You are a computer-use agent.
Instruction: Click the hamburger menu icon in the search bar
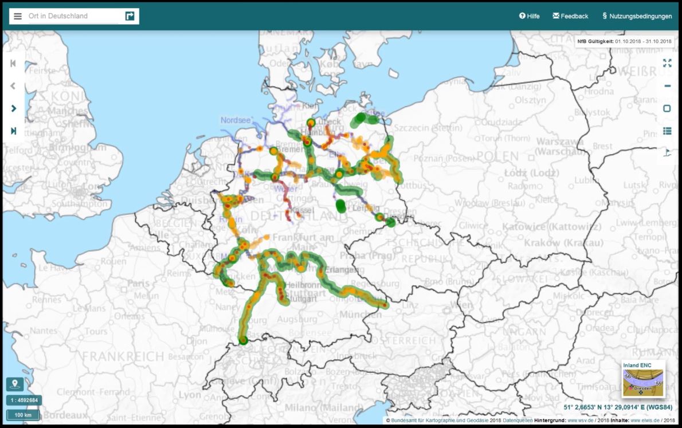coord(18,16)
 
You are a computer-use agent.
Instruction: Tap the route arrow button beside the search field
coord(130,16)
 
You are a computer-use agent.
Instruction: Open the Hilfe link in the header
coord(530,16)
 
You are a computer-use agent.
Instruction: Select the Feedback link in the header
coord(570,16)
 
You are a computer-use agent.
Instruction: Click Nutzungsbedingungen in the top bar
coord(637,16)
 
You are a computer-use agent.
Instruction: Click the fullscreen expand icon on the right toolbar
coord(667,63)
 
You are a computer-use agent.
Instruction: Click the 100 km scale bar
coord(23,415)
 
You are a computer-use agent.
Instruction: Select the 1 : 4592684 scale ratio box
coord(23,400)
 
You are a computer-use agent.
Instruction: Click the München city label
coord(360,315)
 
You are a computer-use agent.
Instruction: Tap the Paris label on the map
coord(138,283)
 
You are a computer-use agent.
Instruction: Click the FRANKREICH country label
coord(123,356)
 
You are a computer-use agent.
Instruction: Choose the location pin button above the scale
coord(15,384)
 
